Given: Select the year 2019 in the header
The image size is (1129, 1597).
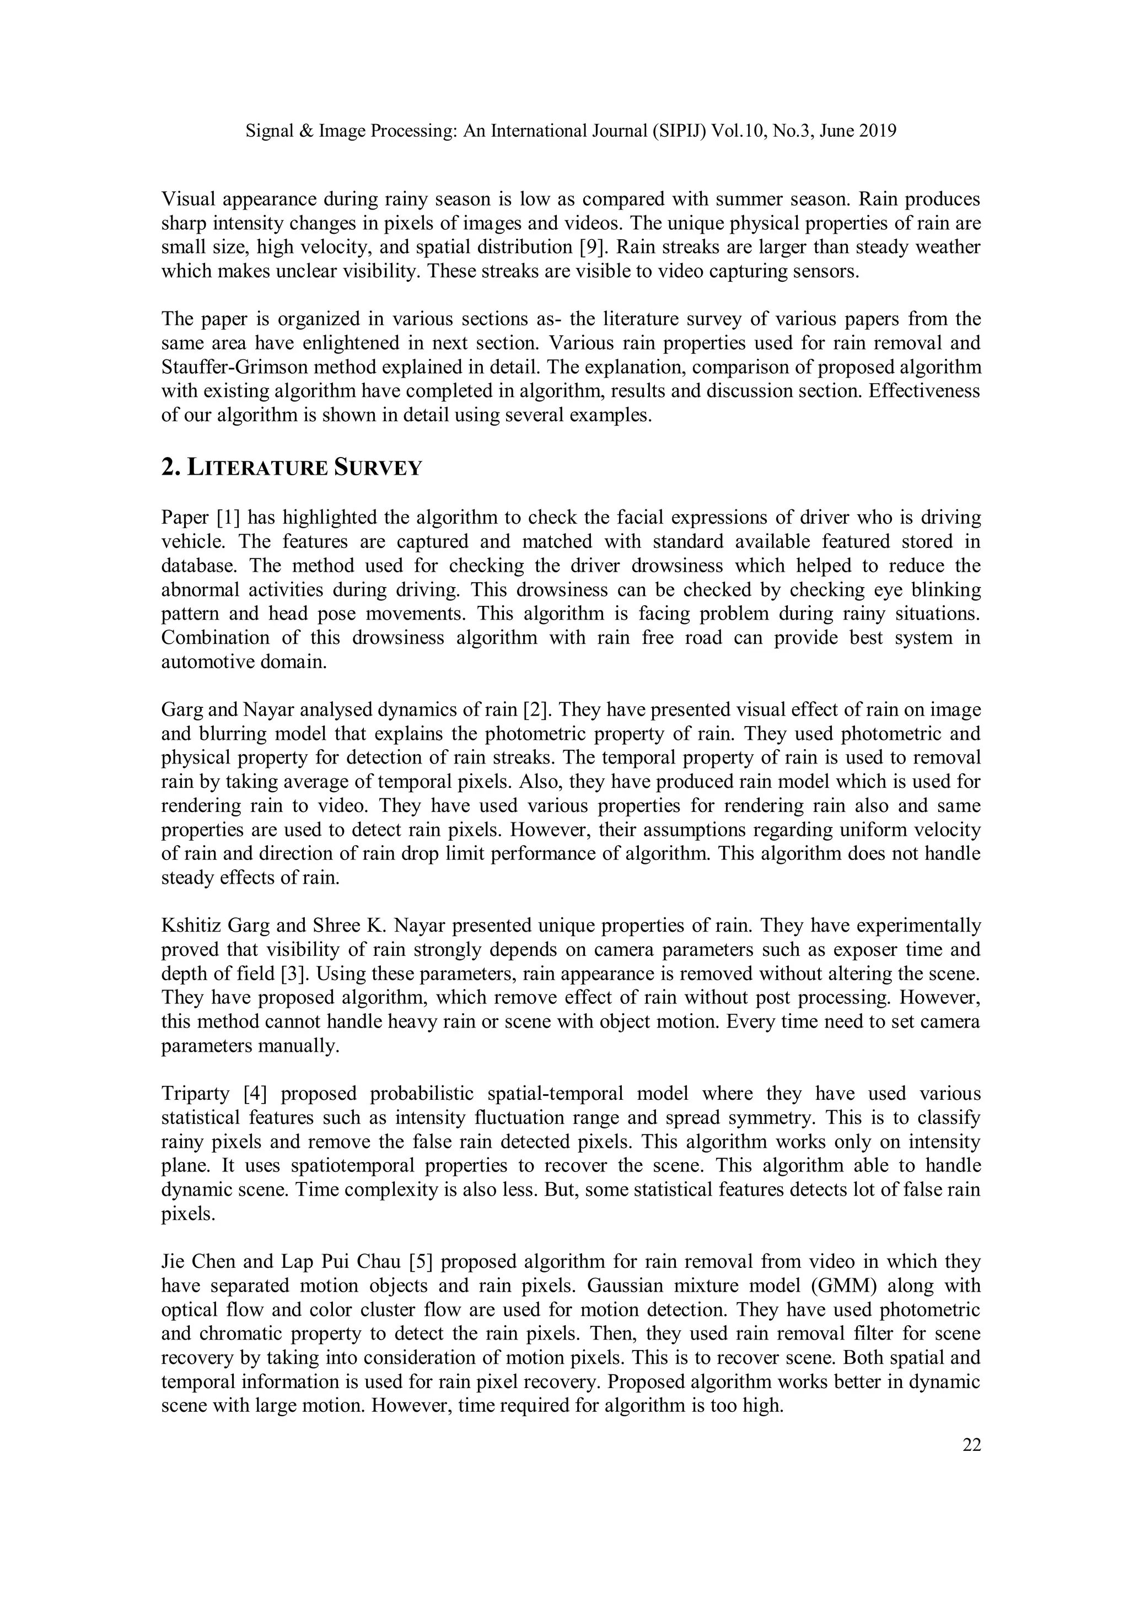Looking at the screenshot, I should [877, 131].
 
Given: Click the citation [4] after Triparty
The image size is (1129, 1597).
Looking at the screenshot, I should [255, 1093].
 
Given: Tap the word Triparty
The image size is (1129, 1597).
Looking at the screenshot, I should [196, 1093].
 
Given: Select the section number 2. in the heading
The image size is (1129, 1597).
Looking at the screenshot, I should [171, 468].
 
